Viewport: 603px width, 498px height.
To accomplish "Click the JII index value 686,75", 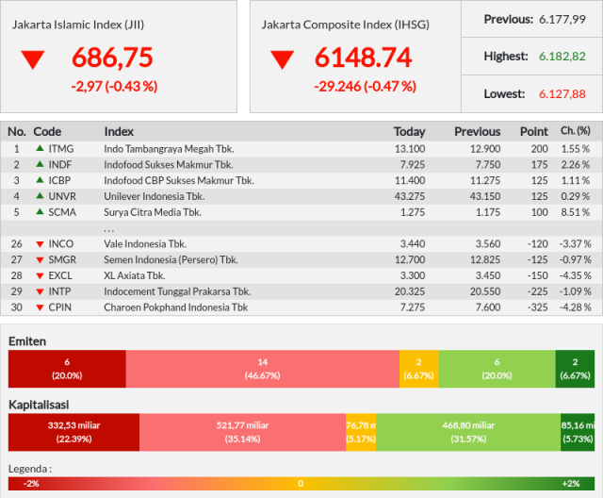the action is (112, 58).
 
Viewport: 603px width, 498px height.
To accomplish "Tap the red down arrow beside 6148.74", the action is (283, 59).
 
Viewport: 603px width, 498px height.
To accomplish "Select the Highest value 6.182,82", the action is (562, 57).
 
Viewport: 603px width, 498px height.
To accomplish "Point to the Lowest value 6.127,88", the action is (562, 94).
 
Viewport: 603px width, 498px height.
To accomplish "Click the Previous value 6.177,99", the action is (562, 19).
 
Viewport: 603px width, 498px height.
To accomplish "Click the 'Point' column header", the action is (534, 132).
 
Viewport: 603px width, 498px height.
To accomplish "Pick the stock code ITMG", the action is (60, 149).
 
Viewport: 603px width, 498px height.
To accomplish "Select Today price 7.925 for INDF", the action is (413, 165).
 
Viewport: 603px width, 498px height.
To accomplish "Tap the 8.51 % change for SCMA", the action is (575, 212).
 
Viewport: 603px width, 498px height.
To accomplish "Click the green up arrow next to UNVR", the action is (40, 195).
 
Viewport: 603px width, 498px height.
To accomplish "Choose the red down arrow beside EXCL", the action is (40, 276).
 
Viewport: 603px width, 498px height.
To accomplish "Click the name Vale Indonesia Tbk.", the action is (145, 244).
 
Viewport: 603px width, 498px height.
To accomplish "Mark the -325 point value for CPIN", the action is (538, 307).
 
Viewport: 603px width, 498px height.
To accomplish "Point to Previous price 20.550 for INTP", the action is (485, 291).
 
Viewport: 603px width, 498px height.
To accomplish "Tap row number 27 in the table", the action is (17, 259).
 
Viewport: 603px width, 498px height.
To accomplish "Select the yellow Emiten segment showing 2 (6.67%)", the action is (418, 369).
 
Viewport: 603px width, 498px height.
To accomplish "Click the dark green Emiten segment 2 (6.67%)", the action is (575, 369).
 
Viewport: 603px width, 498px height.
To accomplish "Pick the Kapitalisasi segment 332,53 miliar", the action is (73, 432).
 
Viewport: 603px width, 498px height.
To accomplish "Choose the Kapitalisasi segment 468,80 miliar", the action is (468, 432).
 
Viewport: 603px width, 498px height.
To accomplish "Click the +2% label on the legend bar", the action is (571, 484).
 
